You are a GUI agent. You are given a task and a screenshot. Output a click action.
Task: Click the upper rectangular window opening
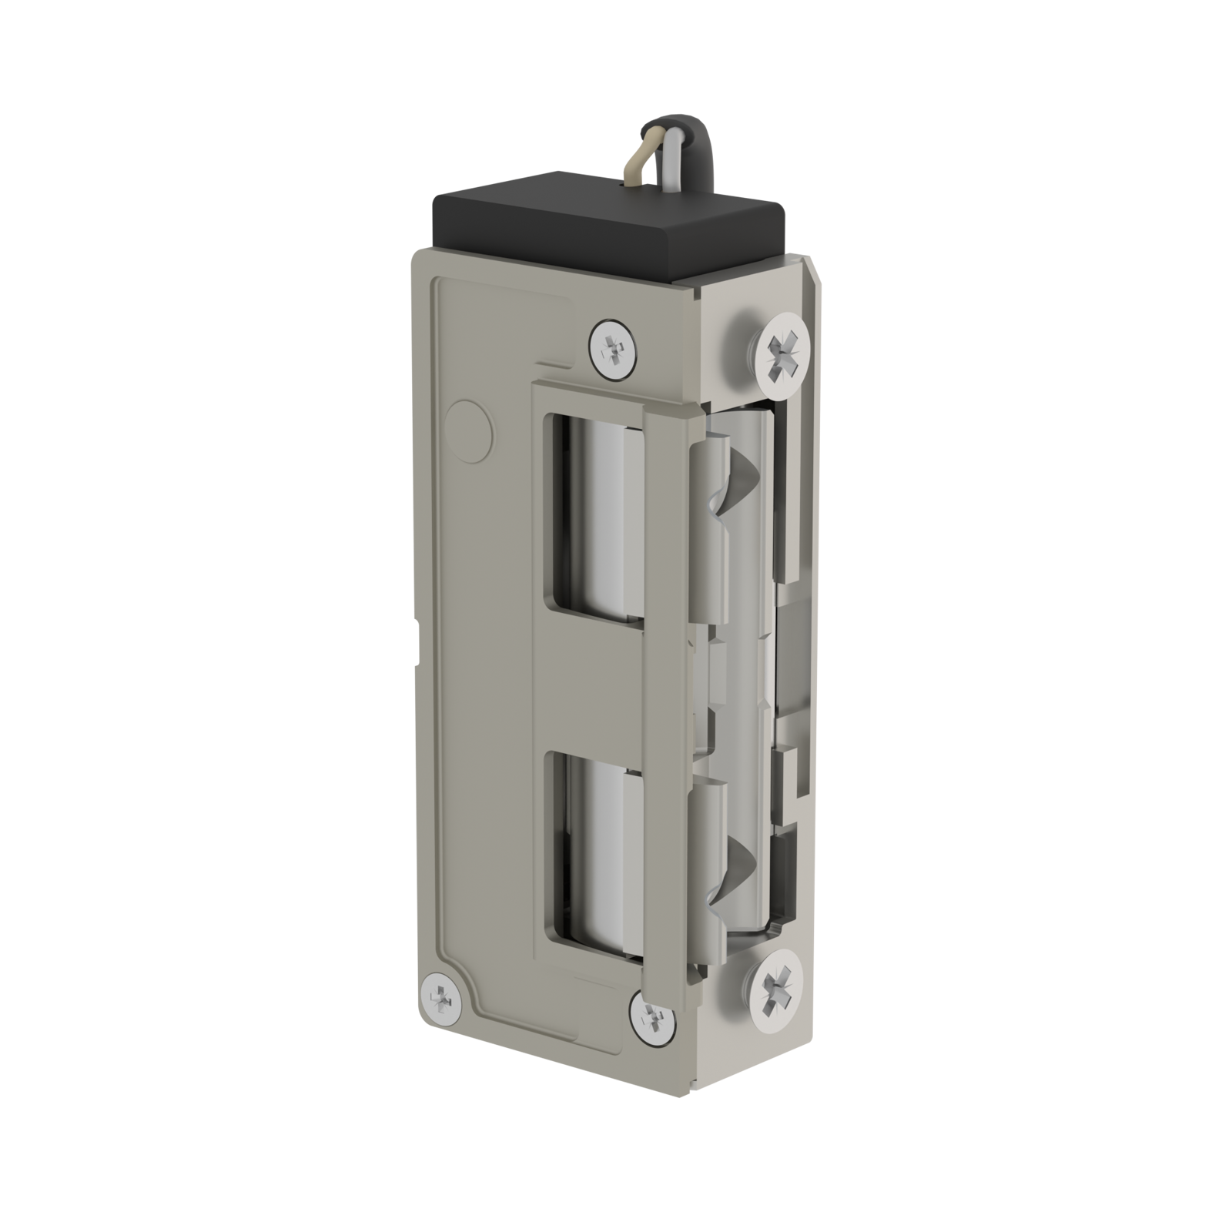594,516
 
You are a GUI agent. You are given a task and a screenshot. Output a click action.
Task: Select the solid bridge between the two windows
593,685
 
